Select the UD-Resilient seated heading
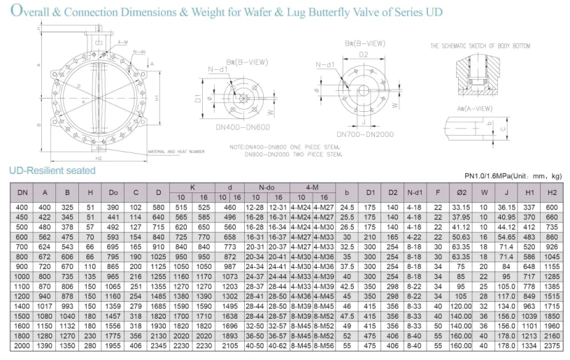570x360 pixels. pyautogui.click(x=52, y=170)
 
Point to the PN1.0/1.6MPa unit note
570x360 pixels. pyautogui.click(x=513, y=175)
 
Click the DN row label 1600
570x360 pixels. pyautogui.click(x=22, y=326)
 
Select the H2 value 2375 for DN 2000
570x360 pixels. pyautogui.click(x=553, y=346)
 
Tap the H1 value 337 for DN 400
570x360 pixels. pyautogui.click(x=529, y=208)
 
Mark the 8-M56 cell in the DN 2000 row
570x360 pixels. pyautogui.click(x=325, y=346)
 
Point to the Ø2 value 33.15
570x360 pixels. pyautogui.click(x=461, y=208)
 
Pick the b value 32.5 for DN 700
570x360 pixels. pyautogui.click(x=346, y=247)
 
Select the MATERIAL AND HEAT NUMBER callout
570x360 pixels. pyautogui.click(x=176, y=151)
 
